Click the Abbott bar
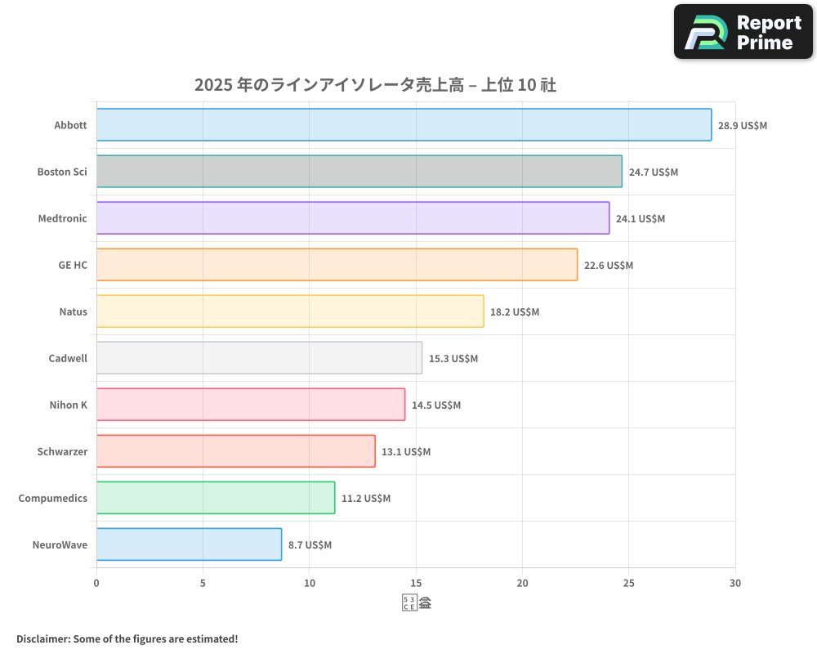[x=404, y=125]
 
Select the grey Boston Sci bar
[x=359, y=172]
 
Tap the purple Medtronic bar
[x=353, y=218]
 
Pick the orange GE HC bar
[x=337, y=265]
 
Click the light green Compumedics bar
[x=216, y=498]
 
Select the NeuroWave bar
[x=189, y=544]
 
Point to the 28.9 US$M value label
[x=743, y=126]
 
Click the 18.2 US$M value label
[x=515, y=312]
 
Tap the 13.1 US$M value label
[x=406, y=452]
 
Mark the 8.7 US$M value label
[x=310, y=545]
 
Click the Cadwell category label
[x=68, y=358]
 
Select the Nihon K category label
[x=69, y=405]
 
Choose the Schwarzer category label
[x=62, y=451]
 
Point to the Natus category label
[x=73, y=311]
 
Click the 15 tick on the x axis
[x=416, y=583]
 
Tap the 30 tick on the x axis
[x=735, y=583]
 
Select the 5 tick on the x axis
[x=203, y=583]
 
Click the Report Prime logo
[x=743, y=32]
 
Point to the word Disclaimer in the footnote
[x=42, y=638]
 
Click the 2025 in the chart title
[x=212, y=84]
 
